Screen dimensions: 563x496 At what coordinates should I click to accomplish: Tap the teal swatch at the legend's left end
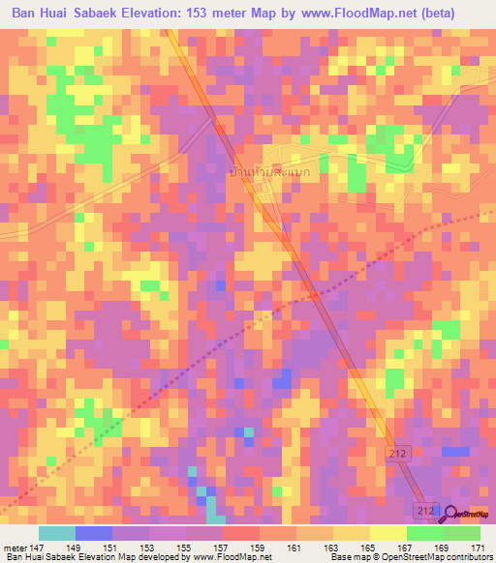[x=57, y=533]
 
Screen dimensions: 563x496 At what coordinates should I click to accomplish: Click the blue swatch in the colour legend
[x=94, y=533]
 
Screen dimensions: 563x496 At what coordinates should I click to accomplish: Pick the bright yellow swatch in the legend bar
[x=387, y=533]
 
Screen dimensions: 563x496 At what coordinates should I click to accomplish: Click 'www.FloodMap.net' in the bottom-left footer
[x=232, y=557]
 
